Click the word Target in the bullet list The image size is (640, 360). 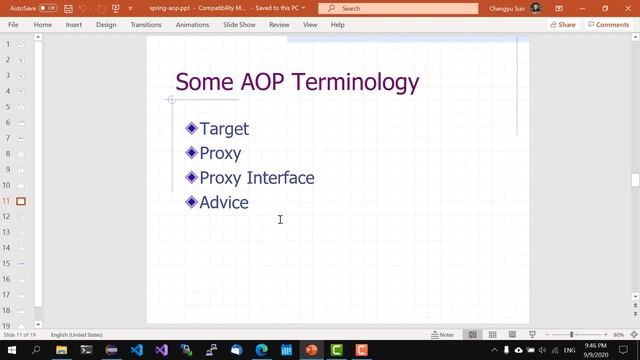[224, 128]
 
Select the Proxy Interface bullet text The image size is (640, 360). [257, 178]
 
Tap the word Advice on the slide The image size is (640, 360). [224, 202]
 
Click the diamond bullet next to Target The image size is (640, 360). [191, 128]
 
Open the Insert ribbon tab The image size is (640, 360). [73, 24]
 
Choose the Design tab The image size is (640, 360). [106, 24]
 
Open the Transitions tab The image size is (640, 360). [145, 24]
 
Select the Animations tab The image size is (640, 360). [192, 24]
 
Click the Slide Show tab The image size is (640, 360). [238, 24]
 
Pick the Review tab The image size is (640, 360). [279, 24]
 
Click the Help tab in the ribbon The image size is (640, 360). [337, 24]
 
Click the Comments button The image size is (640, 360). [609, 24]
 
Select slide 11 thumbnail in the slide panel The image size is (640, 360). [20, 201]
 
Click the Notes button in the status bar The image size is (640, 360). [443, 334]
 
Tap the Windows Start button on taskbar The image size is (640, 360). [11, 351]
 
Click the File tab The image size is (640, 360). [13, 24]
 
